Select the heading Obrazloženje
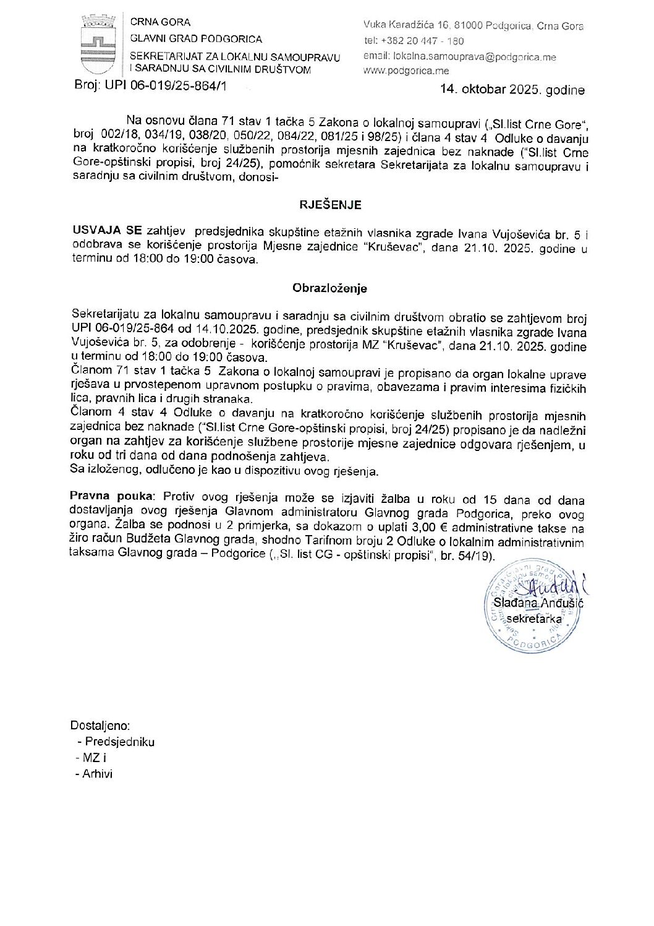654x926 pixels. click(329, 288)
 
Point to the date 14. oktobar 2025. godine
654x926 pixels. click(512, 90)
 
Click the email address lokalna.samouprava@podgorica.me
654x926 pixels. click(474, 56)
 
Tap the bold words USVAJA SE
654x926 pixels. click(107, 231)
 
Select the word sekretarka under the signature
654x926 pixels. click(533, 618)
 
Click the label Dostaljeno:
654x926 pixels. click(100, 726)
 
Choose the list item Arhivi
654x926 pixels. click(98, 773)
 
